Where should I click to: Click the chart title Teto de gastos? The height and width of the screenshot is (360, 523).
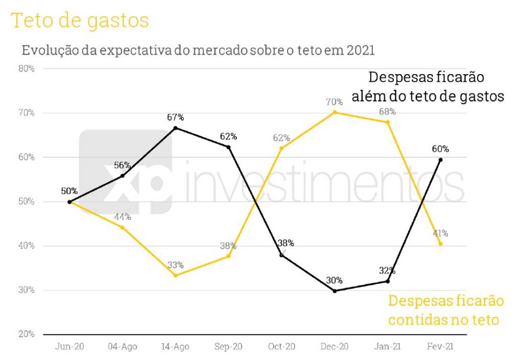click(80, 20)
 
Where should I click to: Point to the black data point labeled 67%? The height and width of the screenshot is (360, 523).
click(176, 128)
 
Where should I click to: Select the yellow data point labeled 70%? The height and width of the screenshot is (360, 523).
click(335, 112)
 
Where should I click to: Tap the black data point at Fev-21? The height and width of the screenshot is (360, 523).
click(440, 160)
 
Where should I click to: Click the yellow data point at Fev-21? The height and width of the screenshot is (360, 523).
click(440, 244)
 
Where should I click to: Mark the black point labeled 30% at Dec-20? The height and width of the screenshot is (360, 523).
click(335, 291)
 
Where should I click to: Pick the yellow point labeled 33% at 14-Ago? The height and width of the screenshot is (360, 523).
click(176, 275)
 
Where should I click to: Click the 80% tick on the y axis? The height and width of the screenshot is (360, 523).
click(26, 68)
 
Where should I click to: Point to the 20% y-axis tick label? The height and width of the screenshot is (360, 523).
click(26, 334)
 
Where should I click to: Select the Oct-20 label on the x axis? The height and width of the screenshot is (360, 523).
click(281, 347)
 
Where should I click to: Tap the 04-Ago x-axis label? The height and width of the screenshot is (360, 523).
click(123, 347)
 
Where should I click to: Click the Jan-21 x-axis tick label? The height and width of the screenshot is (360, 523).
click(387, 347)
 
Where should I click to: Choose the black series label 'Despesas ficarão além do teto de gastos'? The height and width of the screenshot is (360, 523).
click(427, 87)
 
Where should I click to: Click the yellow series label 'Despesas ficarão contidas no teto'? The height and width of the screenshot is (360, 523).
click(445, 310)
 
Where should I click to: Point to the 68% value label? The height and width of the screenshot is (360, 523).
click(387, 111)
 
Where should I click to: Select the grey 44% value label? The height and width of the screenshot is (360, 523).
click(123, 217)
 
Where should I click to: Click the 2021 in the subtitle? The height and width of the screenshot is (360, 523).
click(361, 51)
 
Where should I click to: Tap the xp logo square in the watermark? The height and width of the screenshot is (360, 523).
click(126, 172)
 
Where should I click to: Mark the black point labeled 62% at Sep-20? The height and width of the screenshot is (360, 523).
click(228, 147)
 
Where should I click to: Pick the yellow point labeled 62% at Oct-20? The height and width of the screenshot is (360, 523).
click(281, 148)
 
